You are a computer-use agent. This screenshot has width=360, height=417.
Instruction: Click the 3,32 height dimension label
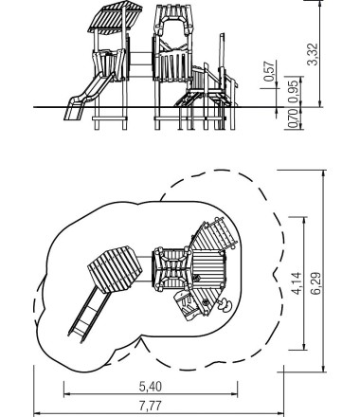pyautogui.click(x=313, y=54)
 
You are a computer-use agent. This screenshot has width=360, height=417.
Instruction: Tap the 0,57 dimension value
pyautogui.click(x=269, y=71)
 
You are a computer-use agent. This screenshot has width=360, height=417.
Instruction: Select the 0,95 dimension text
pyautogui.click(x=293, y=91)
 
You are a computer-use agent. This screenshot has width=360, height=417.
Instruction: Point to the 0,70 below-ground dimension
pyautogui.click(x=293, y=118)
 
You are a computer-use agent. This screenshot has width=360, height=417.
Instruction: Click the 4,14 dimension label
pyautogui.click(x=297, y=283)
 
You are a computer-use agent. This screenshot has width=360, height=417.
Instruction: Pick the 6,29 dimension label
pyautogui.click(x=315, y=283)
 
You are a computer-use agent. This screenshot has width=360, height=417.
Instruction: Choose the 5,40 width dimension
pyautogui.click(x=151, y=387)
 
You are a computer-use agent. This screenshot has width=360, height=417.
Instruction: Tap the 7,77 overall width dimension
pyautogui.click(x=151, y=406)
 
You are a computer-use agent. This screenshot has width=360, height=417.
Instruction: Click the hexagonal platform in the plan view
pyautogui.click(x=115, y=268)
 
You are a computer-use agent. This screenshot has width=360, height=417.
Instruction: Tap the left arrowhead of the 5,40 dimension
pyautogui.click(x=66, y=394)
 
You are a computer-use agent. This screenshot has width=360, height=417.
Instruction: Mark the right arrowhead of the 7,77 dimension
pyautogui.click(x=281, y=413)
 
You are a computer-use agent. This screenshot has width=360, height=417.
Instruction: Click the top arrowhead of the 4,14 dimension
pyautogui.click(x=304, y=220)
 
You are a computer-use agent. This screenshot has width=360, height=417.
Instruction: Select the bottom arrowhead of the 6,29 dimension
pyautogui.click(x=324, y=369)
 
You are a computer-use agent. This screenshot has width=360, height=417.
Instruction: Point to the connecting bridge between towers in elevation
pyautogui.click(x=141, y=64)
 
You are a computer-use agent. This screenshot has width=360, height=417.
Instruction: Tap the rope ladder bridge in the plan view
pyautogui.click(x=222, y=234)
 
